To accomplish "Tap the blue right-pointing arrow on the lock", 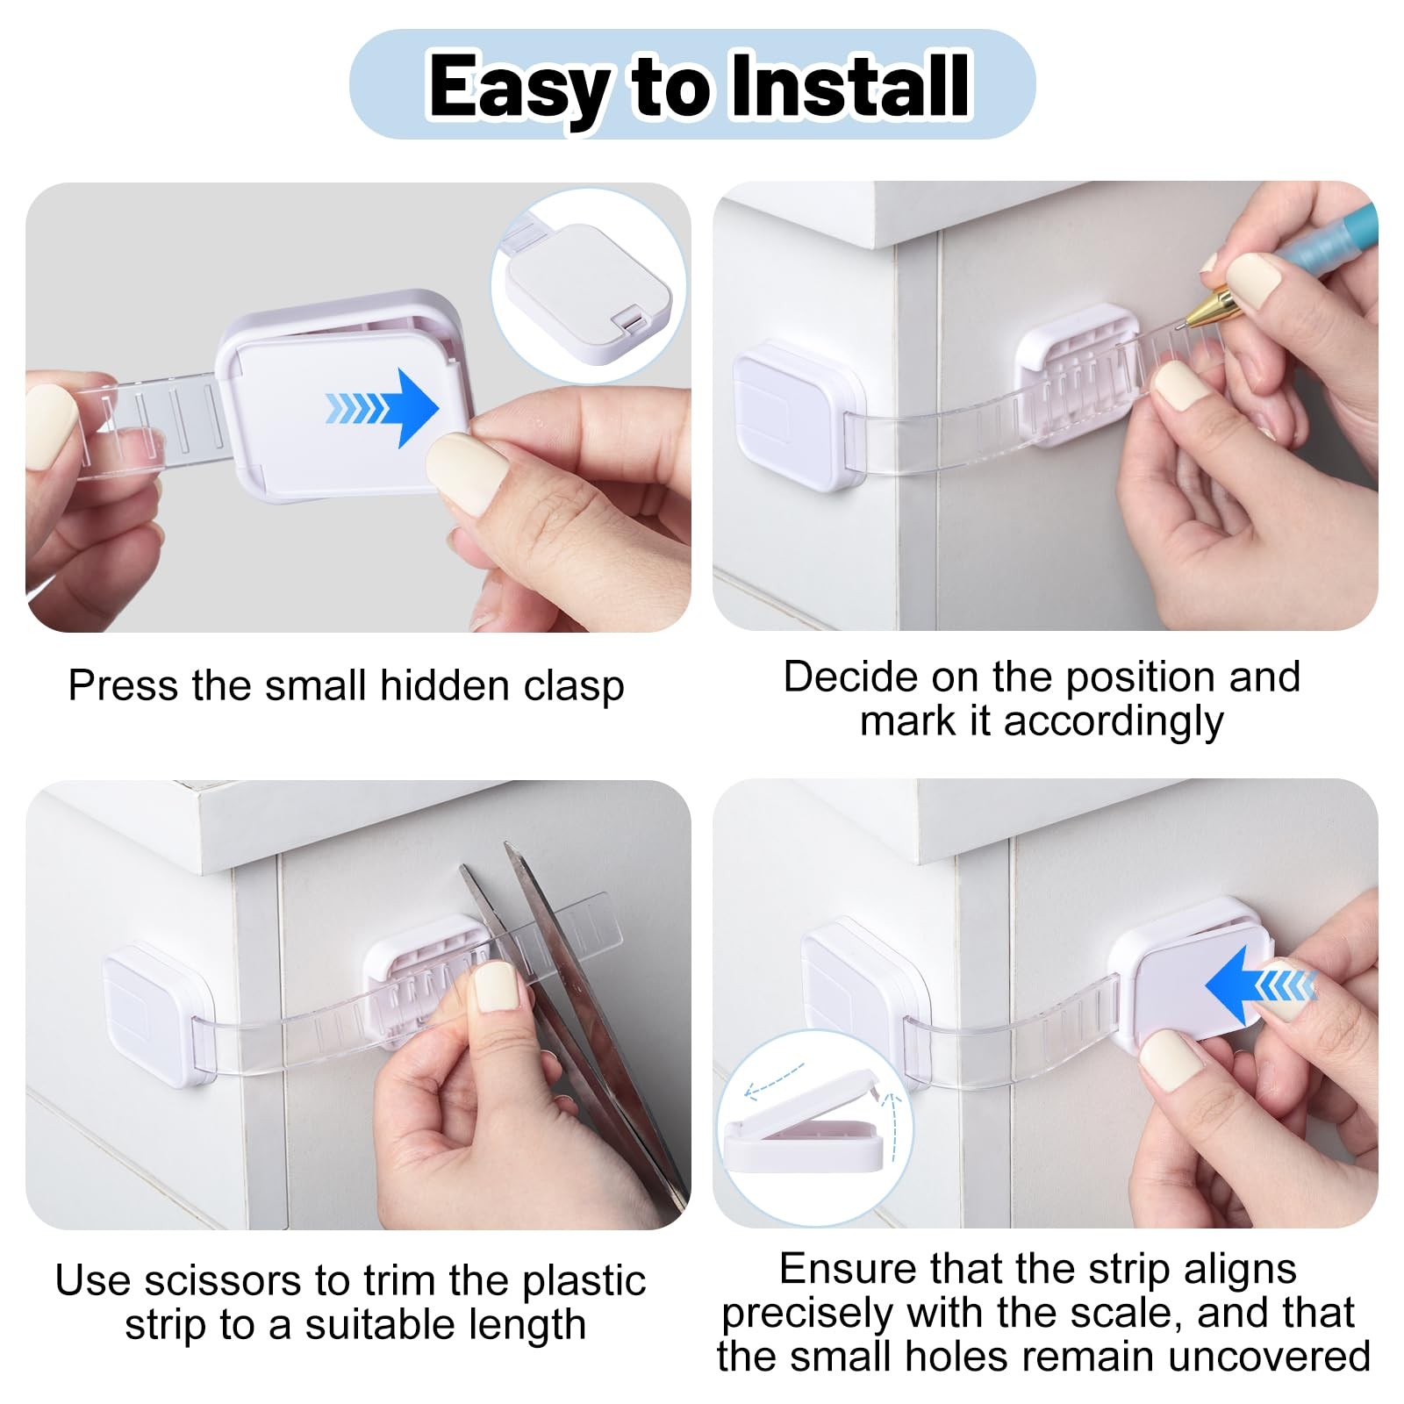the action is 383,407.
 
